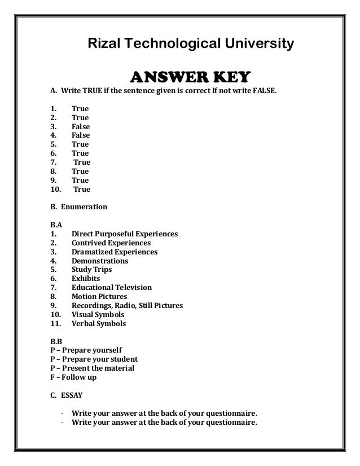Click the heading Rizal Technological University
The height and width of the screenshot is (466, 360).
click(188, 43)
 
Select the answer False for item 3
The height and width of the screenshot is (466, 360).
click(81, 127)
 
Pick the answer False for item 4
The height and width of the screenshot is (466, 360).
click(81, 135)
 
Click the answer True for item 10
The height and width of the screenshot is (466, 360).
click(82, 190)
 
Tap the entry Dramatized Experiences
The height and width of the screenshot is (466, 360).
click(115, 252)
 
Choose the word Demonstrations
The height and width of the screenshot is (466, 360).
click(100, 261)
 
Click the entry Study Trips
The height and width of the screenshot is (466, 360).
click(92, 270)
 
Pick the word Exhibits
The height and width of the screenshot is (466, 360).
click(86, 279)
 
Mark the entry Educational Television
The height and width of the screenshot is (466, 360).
click(112, 288)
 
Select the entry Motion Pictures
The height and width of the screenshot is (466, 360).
click(99, 297)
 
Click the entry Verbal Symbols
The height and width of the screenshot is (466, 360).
click(99, 324)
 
